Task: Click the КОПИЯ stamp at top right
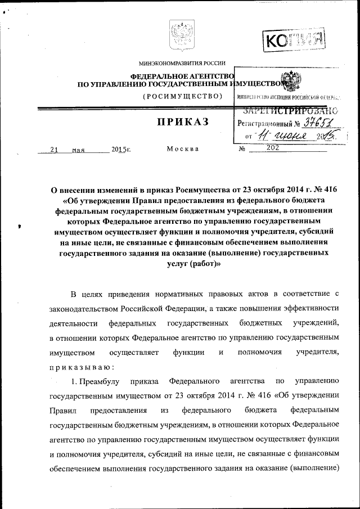(295, 40)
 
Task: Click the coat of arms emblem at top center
(180, 36)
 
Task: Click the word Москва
(183, 149)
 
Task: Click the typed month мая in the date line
(78, 150)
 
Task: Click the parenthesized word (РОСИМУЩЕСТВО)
(181, 96)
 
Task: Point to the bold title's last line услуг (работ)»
(195, 264)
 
